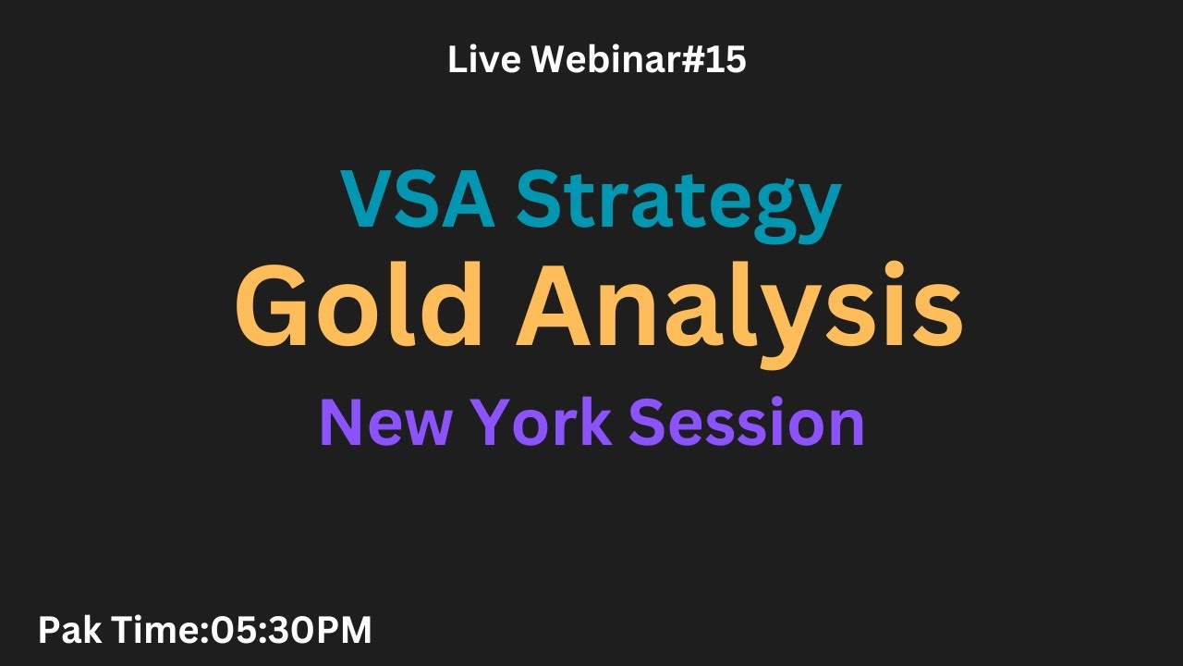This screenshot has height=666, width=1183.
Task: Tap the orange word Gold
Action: click(x=360, y=306)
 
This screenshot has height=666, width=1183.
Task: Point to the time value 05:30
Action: click(x=264, y=631)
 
